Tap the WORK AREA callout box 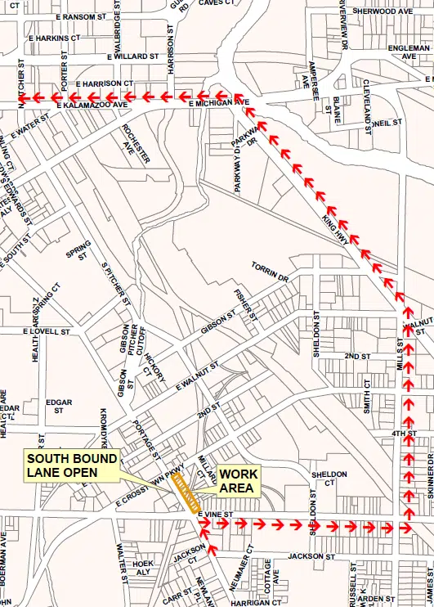click(x=238, y=481)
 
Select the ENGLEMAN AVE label click(x=409, y=53)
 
